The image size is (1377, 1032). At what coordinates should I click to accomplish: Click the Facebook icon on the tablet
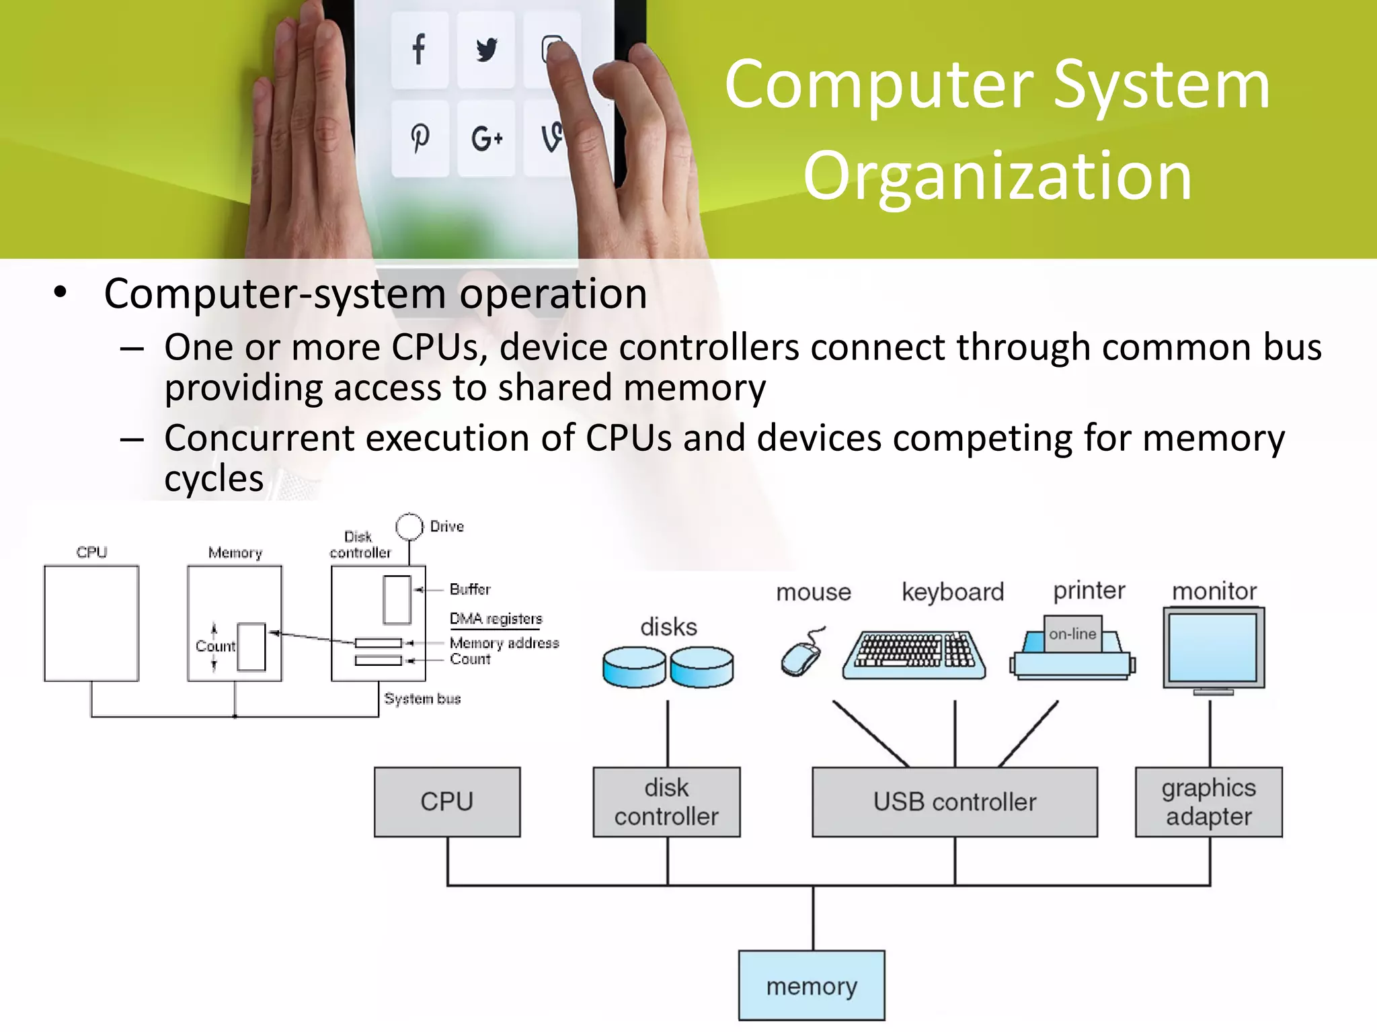[x=419, y=49]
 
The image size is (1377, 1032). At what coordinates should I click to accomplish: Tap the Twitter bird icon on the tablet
[x=486, y=50]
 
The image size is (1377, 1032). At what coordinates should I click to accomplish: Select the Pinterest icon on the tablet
[x=420, y=138]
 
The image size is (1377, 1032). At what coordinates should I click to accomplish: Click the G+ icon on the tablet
[x=486, y=139]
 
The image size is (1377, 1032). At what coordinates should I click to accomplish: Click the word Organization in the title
[x=997, y=176]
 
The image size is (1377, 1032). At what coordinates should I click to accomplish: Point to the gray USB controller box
[x=954, y=802]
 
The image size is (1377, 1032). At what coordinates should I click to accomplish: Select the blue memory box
[x=812, y=986]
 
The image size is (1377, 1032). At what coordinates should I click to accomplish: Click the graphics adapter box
[x=1208, y=802]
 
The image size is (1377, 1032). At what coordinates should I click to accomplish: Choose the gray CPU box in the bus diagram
[x=447, y=802]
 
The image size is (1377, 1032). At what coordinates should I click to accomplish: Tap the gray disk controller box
[x=666, y=802]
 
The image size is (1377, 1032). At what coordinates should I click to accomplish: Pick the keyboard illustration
[x=914, y=654]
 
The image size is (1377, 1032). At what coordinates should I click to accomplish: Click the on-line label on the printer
[x=1072, y=634]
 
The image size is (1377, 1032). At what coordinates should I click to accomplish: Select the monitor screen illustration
[x=1213, y=648]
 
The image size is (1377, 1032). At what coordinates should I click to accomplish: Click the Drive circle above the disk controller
[x=409, y=527]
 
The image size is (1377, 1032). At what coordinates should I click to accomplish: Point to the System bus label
[x=422, y=699]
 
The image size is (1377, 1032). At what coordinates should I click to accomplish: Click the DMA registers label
[x=496, y=618]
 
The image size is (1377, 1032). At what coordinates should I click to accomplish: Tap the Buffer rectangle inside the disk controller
[x=397, y=599]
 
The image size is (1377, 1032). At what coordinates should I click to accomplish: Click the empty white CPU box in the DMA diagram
[x=91, y=623]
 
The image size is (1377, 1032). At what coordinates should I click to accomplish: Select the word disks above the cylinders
[x=668, y=627]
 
